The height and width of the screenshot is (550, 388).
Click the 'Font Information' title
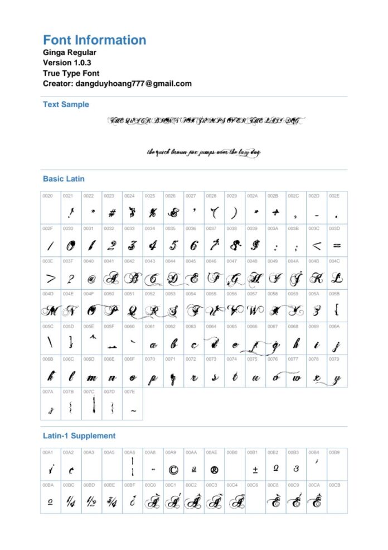(x=94, y=40)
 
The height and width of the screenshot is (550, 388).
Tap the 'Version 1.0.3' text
(x=67, y=63)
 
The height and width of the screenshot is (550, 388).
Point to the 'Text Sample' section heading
(x=66, y=104)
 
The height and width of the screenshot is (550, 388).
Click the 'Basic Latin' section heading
(x=64, y=179)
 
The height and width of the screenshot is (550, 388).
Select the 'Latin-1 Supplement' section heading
(x=79, y=436)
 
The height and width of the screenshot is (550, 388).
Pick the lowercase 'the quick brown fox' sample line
(x=203, y=152)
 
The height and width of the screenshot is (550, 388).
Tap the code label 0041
(x=109, y=261)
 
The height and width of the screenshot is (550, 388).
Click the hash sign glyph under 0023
(x=111, y=213)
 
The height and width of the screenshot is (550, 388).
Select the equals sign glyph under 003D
(x=337, y=245)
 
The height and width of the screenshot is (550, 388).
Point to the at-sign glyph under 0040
(x=91, y=278)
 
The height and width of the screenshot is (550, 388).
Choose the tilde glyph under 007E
(x=132, y=411)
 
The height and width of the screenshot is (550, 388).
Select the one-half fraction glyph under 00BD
(x=91, y=501)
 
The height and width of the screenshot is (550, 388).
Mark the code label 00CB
(x=334, y=485)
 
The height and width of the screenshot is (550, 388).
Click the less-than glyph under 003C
(x=316, y=245)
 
